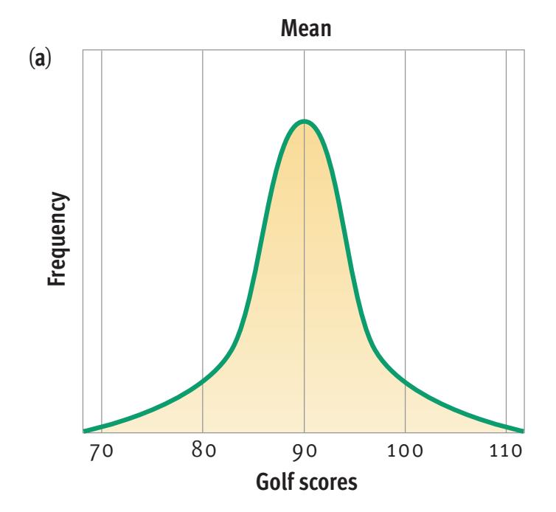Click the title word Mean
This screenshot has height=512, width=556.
point(303,32)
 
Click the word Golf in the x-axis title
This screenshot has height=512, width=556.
point(273,484)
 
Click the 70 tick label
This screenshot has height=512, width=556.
point(101,451)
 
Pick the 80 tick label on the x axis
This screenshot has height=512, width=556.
point(202,451)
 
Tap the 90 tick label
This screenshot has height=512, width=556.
point(304,451)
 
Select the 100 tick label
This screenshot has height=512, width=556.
point(405,451)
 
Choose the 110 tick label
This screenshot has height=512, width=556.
point(506,451)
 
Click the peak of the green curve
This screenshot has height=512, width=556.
point(304,121)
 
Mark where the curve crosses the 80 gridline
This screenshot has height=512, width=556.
point(202,382)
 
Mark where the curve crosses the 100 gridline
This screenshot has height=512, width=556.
point(405,382)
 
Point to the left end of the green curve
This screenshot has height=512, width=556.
point(85,430)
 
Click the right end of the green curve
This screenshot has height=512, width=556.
point(522,430)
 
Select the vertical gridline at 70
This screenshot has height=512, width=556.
point(101,221)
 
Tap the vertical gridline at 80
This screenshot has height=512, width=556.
point(202,221)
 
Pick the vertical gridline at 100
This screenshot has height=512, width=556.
point(405,221)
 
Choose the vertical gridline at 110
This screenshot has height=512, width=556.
point(506,221)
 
